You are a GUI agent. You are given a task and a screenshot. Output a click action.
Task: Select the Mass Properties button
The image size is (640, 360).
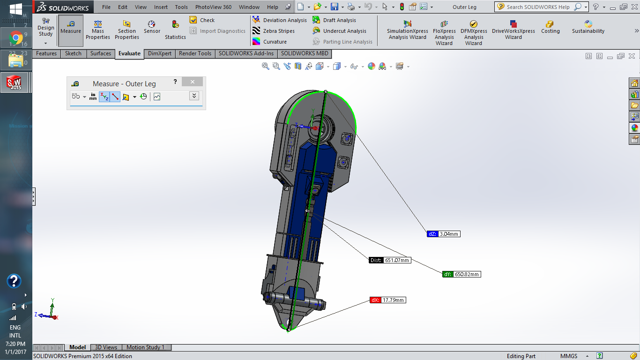point(98,30)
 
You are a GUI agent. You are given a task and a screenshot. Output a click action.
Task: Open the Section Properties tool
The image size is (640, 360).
point(127,30)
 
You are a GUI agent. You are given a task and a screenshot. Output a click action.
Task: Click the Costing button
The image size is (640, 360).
point(550,28)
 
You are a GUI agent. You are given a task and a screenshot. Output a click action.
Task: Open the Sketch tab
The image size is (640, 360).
point(73,53)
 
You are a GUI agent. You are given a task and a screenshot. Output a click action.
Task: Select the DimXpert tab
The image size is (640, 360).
point(160,53)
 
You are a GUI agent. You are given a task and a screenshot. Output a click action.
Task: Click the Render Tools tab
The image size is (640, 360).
point(195,53)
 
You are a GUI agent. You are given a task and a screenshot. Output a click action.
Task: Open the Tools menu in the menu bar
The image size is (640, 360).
point(181,7)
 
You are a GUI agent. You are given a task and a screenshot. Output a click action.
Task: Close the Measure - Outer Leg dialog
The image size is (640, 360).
point(192,82)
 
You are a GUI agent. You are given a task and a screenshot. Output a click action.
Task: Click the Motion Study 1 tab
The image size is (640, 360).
point(145,347)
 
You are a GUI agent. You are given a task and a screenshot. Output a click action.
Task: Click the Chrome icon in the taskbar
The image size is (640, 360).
point(16,38)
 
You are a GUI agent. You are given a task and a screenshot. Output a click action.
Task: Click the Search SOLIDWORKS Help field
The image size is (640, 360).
point(539,7)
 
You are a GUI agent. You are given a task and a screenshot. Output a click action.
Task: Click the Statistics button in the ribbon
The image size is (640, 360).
point(175,30)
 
